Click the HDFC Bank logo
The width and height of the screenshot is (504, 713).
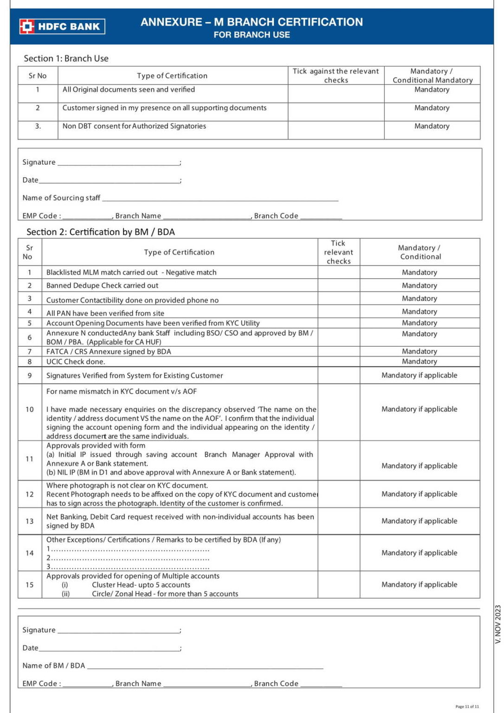click(x=62, y=26)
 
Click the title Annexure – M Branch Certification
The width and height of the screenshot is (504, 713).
click(x=252, y=22)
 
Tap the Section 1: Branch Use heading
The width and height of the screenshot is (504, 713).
click(x=66, y=58)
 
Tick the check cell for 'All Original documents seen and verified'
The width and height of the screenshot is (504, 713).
click(x=336, y=93)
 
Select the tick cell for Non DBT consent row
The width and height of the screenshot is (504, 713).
click(x=336, y=130)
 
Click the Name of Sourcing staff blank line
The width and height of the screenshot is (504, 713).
click(x=220, y=198)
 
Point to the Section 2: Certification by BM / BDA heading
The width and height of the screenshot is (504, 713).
click(x=100, y=232)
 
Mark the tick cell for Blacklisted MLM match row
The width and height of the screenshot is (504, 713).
click(x=338, y=272)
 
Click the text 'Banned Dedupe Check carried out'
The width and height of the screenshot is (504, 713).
click(x=102, y=285)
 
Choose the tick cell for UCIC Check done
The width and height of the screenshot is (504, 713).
click(x=338, y=362)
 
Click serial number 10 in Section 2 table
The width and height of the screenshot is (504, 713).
click(x=30, y=409)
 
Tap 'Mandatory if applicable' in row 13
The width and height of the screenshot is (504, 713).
click(x=419, y=521)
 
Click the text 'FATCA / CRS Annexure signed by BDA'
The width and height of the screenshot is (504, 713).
click(x=109, y=351)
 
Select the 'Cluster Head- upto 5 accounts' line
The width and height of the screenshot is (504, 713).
click(x=141, y=585)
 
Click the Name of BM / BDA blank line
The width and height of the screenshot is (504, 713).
click(x=205, y=666)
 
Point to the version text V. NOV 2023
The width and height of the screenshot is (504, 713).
click(x=498, y=624)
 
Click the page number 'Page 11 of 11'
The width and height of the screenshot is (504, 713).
click(x=467, y=707)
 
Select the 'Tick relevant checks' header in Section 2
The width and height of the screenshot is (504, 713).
click(x=338, y=252)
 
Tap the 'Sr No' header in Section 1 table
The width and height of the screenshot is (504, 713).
click(x=38, y=76)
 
